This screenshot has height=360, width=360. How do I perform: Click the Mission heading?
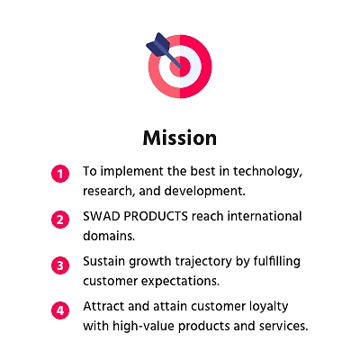(x=180, y=138)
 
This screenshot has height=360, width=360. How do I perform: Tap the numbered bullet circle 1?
(x=60, y=174)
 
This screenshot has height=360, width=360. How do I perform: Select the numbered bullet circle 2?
(x=60, y=220)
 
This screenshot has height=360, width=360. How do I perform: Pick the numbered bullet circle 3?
(x=60, y=265)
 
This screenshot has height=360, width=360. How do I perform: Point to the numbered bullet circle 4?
(x=60, y=310)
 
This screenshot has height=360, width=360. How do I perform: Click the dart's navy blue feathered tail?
(x=158, y=45)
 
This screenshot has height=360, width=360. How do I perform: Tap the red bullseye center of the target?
(x=180, y=67)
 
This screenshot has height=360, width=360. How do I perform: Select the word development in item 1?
(x=205, y=191)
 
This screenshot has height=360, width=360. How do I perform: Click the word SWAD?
(x=102, y=216)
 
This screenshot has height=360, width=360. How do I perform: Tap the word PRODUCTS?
(x=156, y=216)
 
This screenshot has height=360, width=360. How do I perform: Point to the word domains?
(x=109, y=236)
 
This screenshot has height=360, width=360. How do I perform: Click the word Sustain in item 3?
(x=104, y=261)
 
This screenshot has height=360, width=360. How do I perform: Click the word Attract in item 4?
(x=103, y=306)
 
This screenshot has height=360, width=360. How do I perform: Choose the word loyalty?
(x=269, y=307)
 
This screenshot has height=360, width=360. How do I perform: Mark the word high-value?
(x=143, y=326)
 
